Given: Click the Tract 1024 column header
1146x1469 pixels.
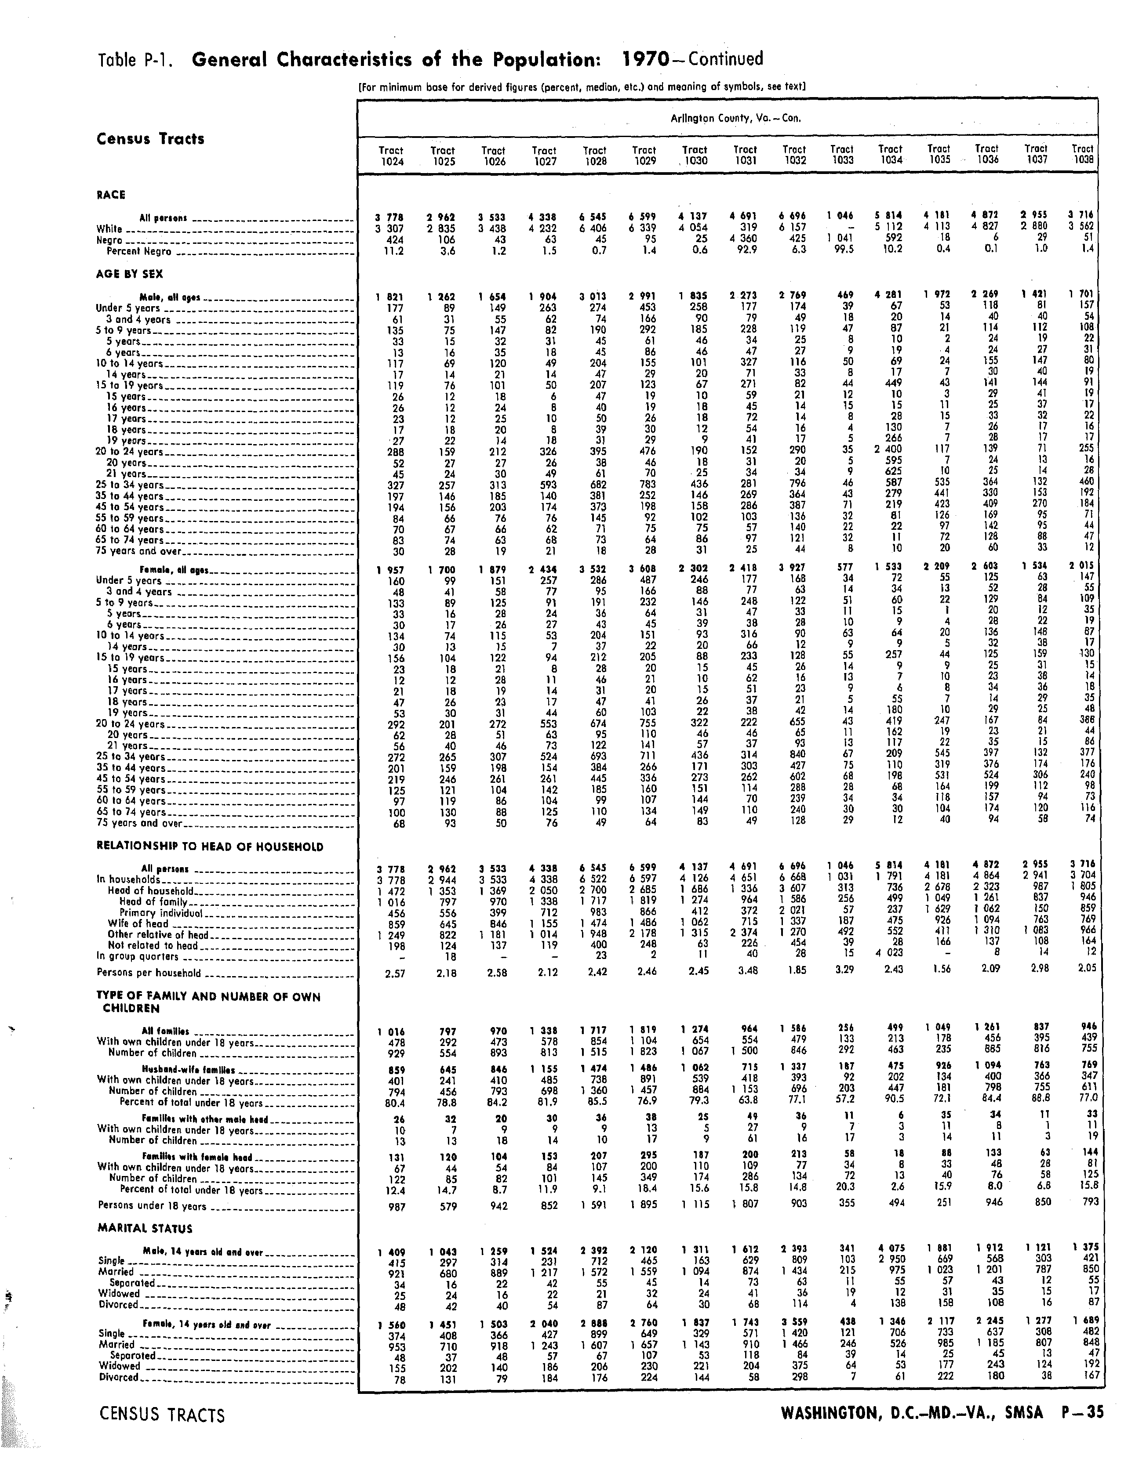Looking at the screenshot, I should [392, 156].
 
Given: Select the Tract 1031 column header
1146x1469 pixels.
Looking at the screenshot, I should [745, 156].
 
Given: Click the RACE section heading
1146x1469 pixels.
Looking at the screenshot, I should [111, 195].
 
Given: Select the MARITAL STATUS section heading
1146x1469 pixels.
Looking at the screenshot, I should [145, 1228].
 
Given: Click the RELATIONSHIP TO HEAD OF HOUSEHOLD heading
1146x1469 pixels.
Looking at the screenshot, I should [210, 847].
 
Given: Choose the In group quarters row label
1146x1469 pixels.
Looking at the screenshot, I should [138, 956].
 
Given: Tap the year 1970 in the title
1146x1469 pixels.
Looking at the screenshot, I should [645, 59].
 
